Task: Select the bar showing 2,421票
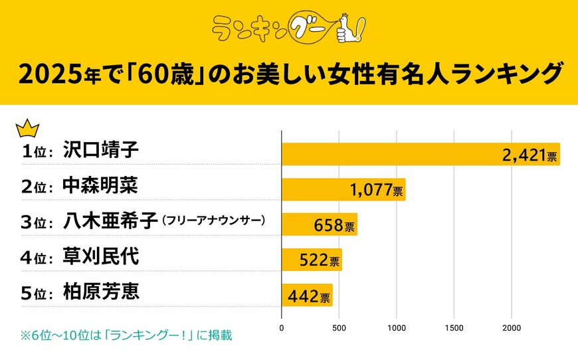click(421, 154)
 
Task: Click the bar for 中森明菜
click(343, 189)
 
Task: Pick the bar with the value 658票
click(320, 225)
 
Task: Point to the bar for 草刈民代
click(312, 260)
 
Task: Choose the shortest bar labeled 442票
click(307, 295)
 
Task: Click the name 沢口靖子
click(100, 150)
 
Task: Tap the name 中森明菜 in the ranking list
click(100, 185)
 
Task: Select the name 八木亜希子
click(110, 221)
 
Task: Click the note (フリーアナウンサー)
click(213, 221)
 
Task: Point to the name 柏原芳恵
click(100, 292)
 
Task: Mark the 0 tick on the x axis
click(282, 327)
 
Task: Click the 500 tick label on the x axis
click(339, 327)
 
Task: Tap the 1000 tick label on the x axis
click(397, 327)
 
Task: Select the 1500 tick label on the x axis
click(454, 327)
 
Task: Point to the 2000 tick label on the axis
click(512, 327)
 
